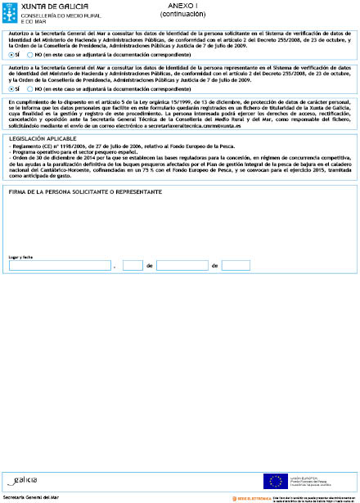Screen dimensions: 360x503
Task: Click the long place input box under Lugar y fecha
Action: click(x=59, y=266)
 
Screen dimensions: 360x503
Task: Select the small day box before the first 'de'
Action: click(x=133, y=266)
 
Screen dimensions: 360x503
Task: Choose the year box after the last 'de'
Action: click(x=236, y=266)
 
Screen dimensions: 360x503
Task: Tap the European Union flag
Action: click(x=272, y=479)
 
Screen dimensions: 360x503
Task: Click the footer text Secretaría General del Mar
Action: click(x=31, y=497)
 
